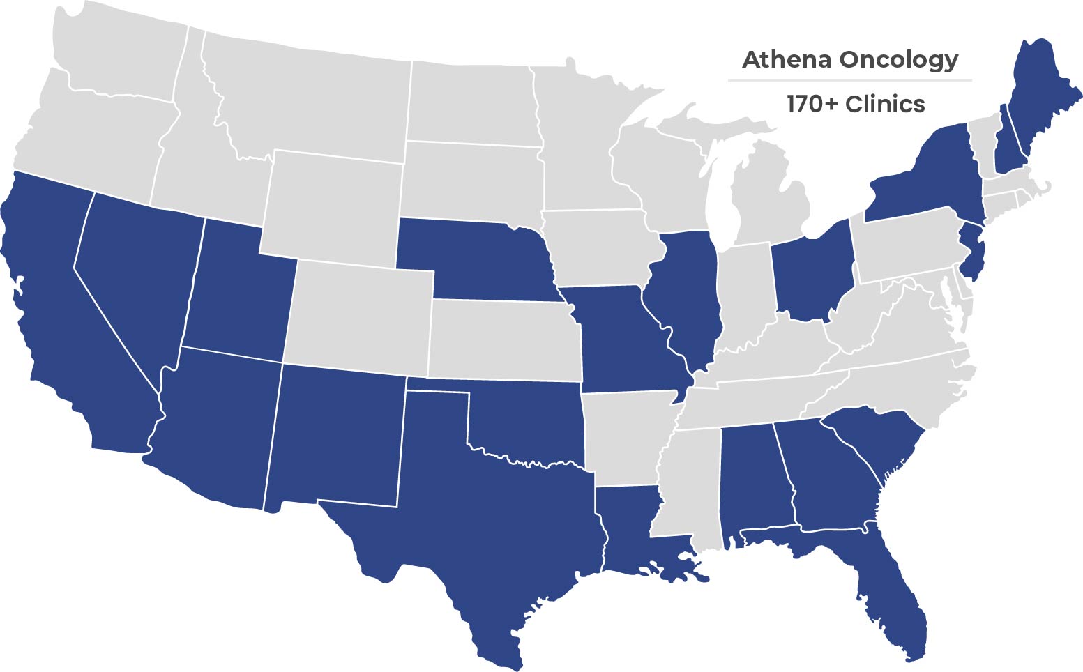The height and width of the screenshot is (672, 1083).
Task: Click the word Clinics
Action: (x=885, y=105)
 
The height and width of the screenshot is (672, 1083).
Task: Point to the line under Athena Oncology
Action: (x=849, y=80)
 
